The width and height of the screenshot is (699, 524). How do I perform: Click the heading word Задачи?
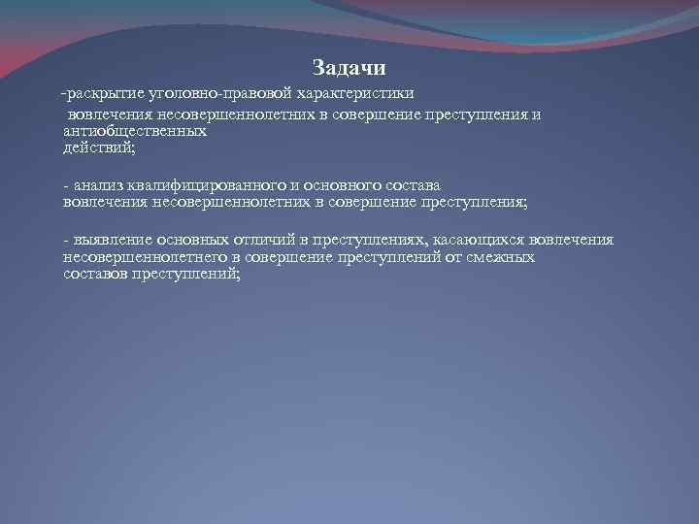349,68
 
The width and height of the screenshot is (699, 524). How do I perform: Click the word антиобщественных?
135,130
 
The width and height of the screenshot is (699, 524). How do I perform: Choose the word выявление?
112,240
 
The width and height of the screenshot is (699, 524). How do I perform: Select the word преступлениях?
361,240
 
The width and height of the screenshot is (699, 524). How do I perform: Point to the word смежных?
504,257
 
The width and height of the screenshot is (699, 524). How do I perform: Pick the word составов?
95,275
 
